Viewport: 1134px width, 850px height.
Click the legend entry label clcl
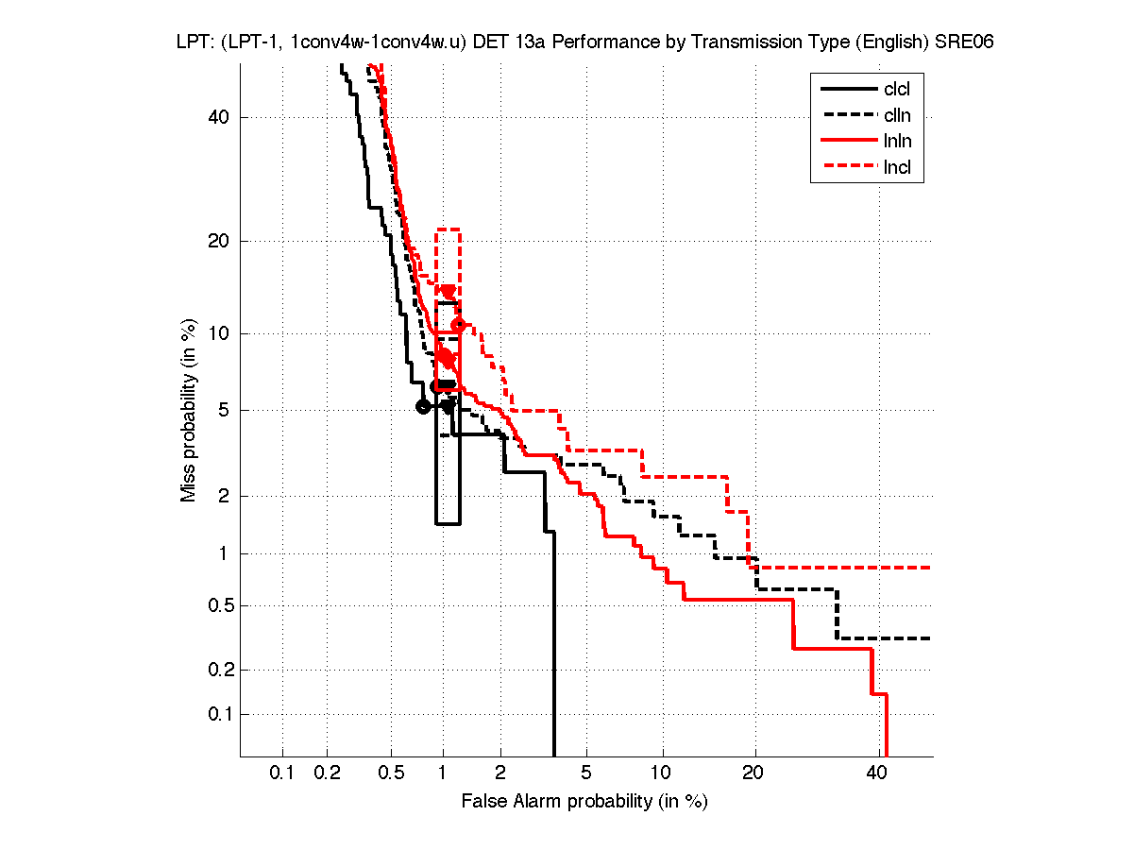coord(897,91)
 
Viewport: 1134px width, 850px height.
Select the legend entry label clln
coord(897,116)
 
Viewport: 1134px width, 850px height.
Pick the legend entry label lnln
coord(897,143)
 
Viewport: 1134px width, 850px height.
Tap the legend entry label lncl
coord(897,169)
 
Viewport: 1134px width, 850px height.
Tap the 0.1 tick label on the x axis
coord(282,773)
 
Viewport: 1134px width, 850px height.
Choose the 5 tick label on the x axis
coord(587,773)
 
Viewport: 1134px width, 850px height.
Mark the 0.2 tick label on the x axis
coord(328,773)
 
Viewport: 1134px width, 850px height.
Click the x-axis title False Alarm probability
coord(584,802)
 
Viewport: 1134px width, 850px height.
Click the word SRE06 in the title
coord(964,42)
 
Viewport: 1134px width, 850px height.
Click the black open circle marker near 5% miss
coord(423,406)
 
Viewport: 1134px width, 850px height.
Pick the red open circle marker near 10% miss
coord(459,326)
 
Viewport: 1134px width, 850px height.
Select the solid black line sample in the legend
coord(847,91)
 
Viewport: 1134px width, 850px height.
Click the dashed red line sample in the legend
coord(847,169)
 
